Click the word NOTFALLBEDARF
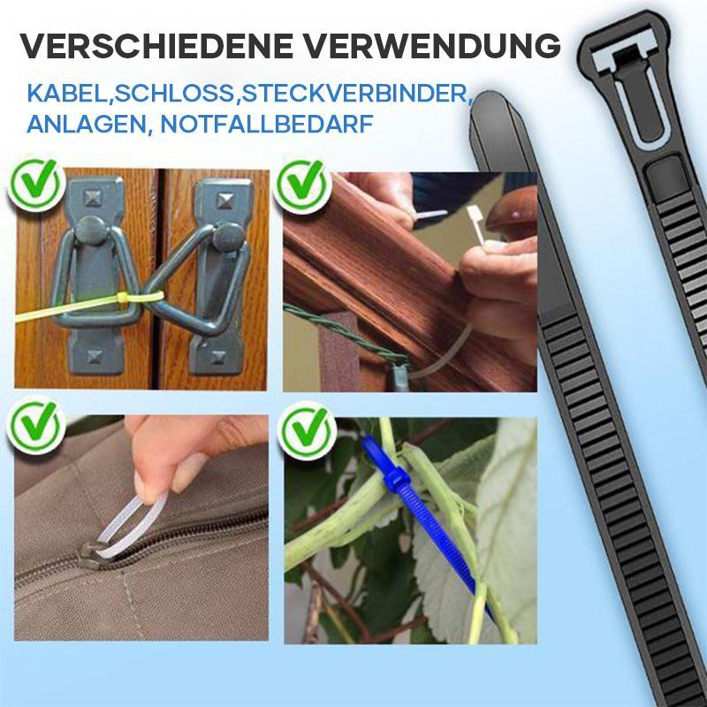[268, 124]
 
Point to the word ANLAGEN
[88, 124]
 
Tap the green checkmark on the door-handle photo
[35, 185]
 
